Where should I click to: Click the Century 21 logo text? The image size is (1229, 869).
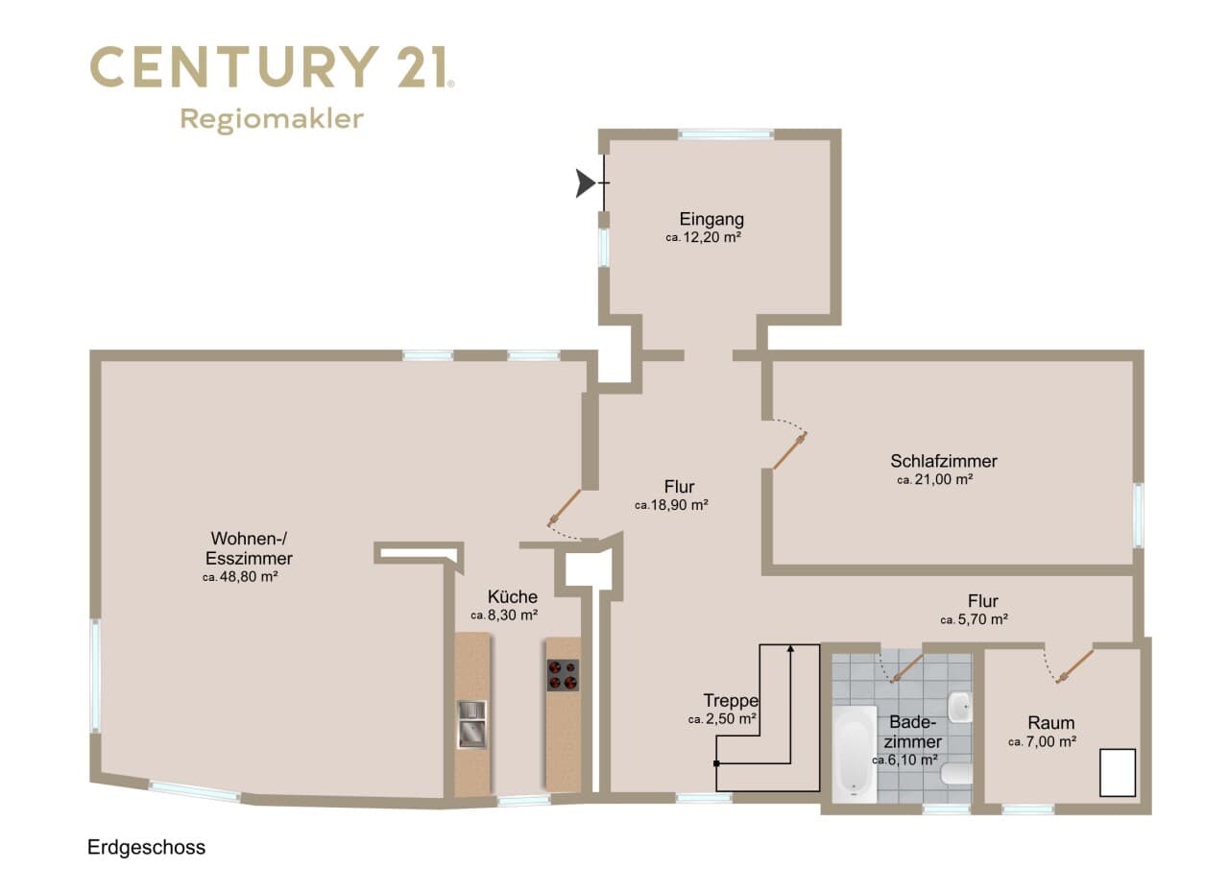272,67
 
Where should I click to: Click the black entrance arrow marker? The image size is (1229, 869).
585,182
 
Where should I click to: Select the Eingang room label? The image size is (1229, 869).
711,219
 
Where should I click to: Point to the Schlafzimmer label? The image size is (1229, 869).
944,461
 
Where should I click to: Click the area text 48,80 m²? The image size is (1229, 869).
249,576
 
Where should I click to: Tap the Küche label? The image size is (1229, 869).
513,596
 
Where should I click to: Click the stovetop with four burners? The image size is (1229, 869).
563,675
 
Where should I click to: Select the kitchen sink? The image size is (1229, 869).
471,724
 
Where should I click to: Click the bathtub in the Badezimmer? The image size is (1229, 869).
855,755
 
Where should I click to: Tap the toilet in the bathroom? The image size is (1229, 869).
956,774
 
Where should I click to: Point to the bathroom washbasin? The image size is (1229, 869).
960,707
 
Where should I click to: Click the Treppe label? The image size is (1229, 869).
731,701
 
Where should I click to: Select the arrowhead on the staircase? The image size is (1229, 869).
790,648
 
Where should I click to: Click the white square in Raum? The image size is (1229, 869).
1118,772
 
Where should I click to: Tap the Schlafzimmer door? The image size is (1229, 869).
789,451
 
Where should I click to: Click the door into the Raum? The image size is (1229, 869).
1074,666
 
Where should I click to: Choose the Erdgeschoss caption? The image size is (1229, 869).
147,848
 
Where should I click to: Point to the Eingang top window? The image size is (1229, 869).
726,133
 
